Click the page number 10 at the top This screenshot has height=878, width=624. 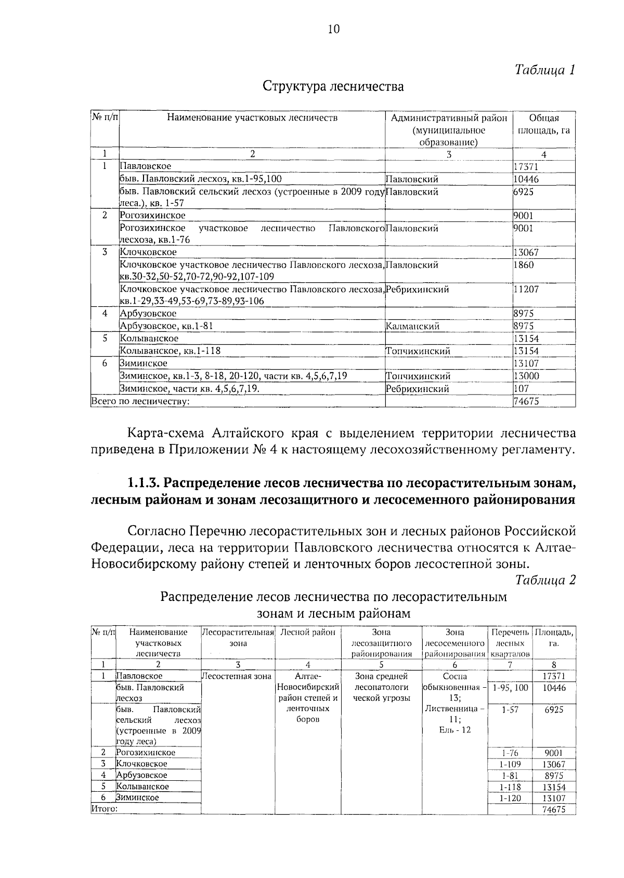333,29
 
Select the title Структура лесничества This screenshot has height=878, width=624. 333,86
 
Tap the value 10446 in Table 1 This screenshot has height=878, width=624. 526,179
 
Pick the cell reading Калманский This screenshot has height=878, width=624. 413,326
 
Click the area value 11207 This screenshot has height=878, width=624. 526,289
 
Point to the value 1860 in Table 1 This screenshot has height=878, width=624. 524,265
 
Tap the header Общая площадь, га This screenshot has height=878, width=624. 543,124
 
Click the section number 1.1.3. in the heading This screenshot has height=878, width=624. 144,483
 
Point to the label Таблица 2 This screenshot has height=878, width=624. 545,581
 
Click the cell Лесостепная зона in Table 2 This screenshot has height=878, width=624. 237,676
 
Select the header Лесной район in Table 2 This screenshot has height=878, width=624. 307,633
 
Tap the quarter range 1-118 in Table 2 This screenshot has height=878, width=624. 510,787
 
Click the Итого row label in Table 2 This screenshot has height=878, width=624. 105,808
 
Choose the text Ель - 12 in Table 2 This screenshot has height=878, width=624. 454,730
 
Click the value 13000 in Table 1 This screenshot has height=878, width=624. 526,376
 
